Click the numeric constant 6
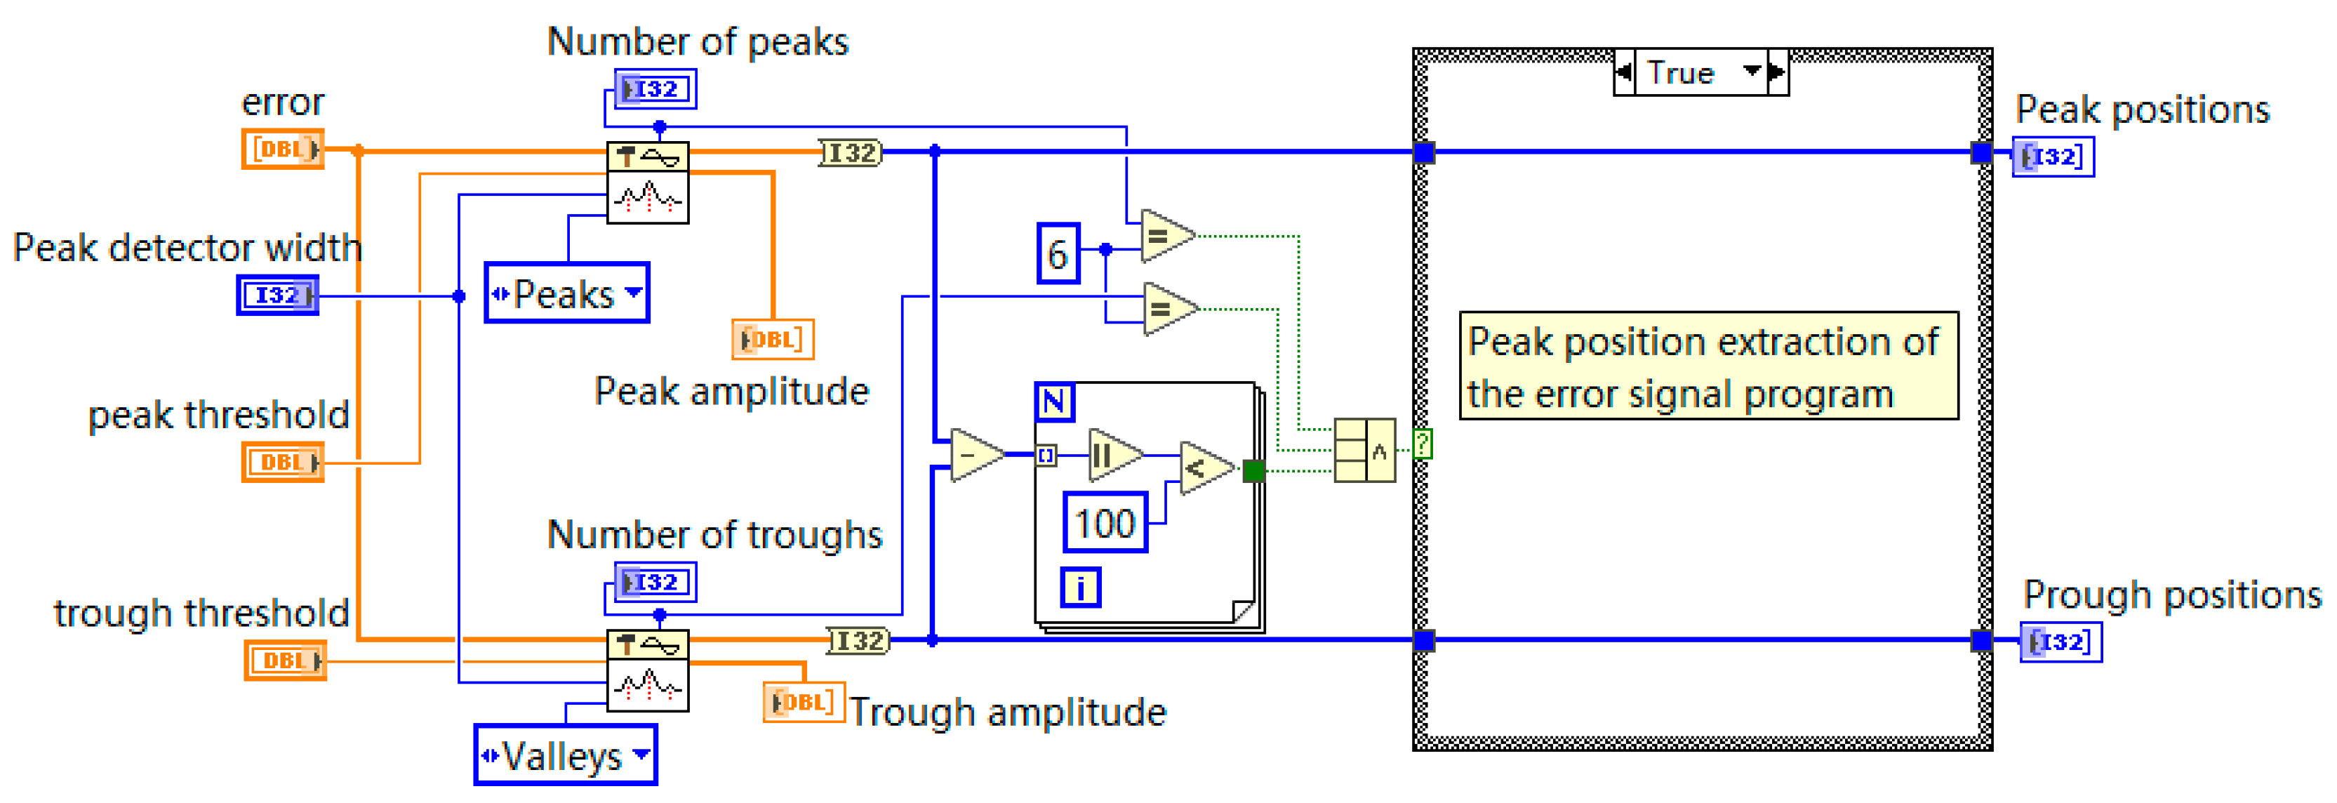pyautogui.click(x=1058, y=253)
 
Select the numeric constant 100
pyautogui.click(x=1105, y=523)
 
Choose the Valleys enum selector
pyautogui.click(x=565, y=755)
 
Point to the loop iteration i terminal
pyautogui.click(x=1081, y=587)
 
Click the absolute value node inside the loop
pyautogui.click(x=1116, y=455)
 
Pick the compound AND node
pyautogui.click(x=1364, y=450)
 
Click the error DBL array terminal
pyautogui.click(x=282, y=149)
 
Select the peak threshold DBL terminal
pyautogui.click(x=282, y=462)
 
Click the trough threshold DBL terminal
pyautogui.click(x=285, y=660)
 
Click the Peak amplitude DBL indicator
pyautogui.click(x=773, y=339)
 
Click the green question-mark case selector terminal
pyautogui.click(x=1423, y=444)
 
